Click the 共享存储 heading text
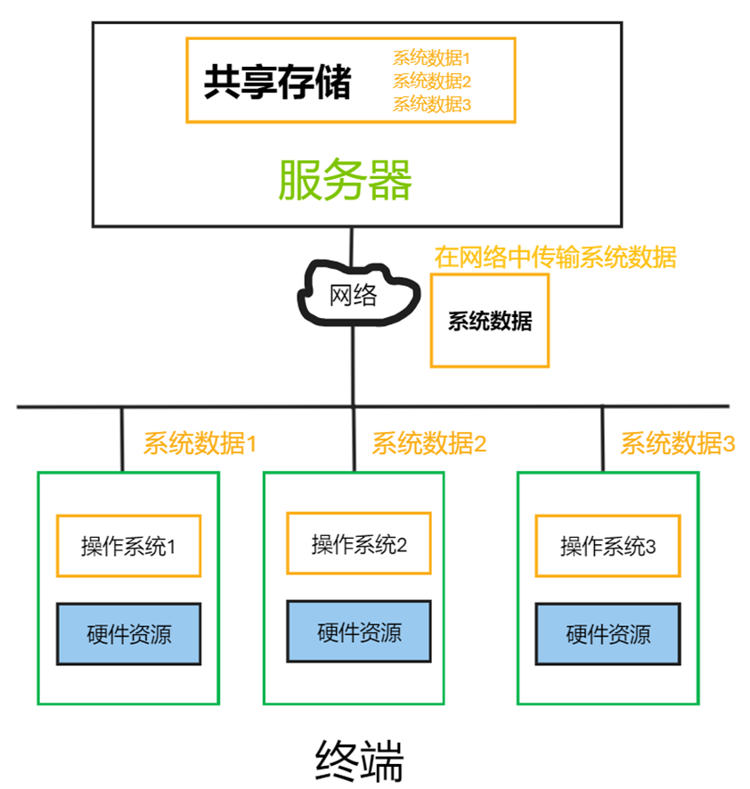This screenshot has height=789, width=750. point(277,83)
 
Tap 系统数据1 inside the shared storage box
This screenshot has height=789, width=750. point(431,59)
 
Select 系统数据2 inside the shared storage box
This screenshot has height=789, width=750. point(431,81)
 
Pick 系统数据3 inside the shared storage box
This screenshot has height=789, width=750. point(431,103)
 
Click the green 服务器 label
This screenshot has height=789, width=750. point(346,181)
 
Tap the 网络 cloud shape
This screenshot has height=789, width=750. point(355,295)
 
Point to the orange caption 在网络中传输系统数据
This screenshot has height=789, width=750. point(555,257)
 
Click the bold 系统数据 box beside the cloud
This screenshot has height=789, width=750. point(489,321)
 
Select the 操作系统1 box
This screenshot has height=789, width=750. point(128,545)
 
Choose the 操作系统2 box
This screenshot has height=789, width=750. point(359,543)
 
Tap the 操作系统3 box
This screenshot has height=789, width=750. point(607,545)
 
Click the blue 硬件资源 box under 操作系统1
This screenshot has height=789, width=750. point(129,634)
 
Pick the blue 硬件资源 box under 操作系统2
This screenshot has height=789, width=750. point(359,631)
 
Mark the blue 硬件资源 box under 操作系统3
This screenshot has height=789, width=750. point(607,634)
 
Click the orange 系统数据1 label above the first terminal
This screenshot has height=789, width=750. point(200,443)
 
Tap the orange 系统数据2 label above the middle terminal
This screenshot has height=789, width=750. point(429,443)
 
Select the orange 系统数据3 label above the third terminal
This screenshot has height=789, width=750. point(677,443)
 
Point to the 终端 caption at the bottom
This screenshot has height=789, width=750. point(360,761)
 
